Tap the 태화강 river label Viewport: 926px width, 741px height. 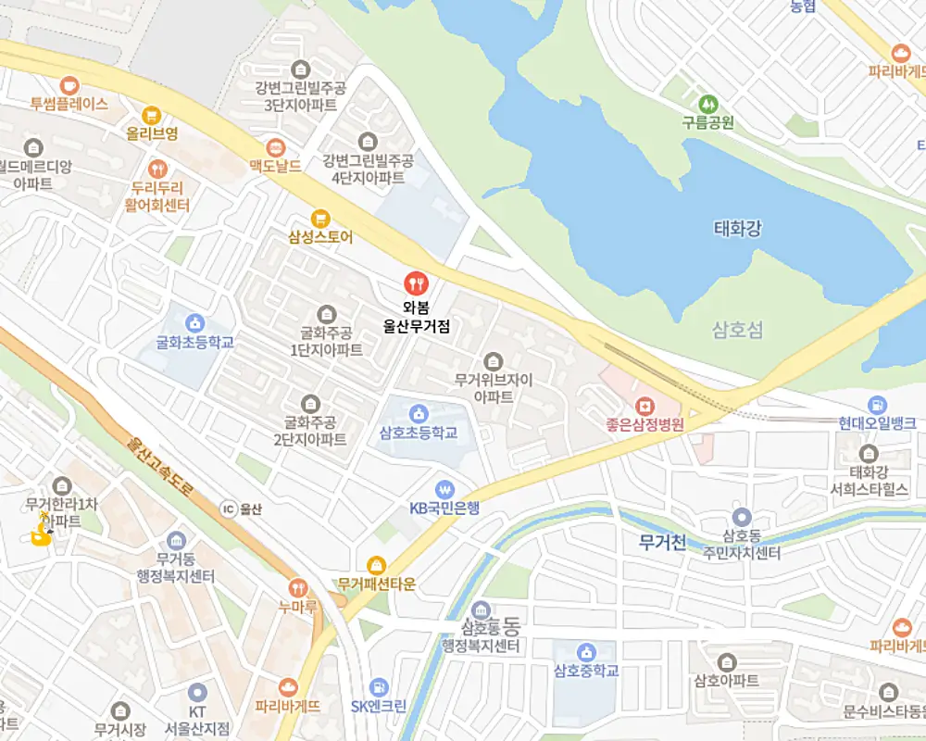pyautogui.click(x=738, y=228)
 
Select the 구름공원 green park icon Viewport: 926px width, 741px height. pyautogui.click(x=708, y=102)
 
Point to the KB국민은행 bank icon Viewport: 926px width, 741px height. pyautogui.click(x=445, y=488)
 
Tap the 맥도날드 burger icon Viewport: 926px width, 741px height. pyautogui.click(x=275, y=147)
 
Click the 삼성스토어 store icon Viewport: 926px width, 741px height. pyautogui.click(x=320, y=218)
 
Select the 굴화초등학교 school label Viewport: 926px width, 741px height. pyautogui.click(x=194, y=343)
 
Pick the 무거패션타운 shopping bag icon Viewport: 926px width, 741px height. pyautogui.click(x=377, y=564)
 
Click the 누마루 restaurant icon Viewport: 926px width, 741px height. pyautogui.click(x=297, y=586)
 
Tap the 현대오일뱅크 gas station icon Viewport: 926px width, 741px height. pyautogui.click(x=877, y=404)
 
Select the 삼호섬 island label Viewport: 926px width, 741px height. pyautogui.click(x=738, y=330)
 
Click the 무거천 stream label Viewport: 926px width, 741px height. pyautogui.click(x=663, y=543)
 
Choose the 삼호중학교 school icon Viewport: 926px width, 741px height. pyautogui.click(x=584, y=651)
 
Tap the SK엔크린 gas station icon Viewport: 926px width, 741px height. pyautogui.click(x=378, y=686)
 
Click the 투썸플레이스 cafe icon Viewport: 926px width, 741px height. pyautogui.click(x=69, y=84)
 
